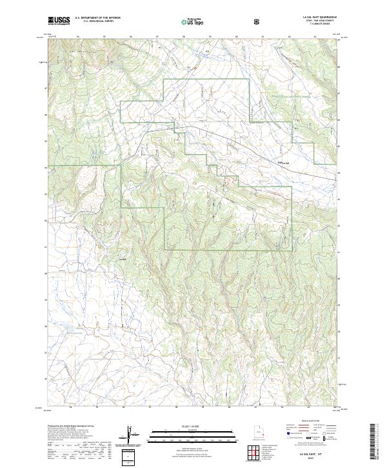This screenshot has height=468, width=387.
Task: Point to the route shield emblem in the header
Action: [258, 21]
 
